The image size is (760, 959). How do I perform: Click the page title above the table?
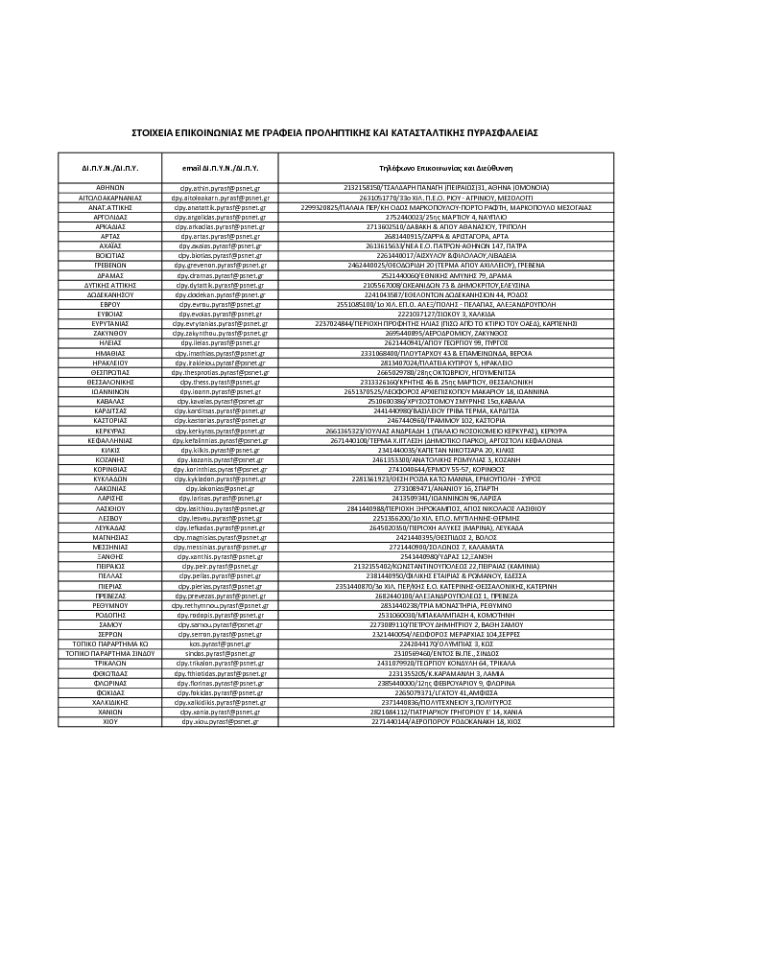pyautogui.click(x=335, y=133)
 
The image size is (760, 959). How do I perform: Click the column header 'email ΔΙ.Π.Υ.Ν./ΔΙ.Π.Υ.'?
pyautogui.click(x=220, y=167)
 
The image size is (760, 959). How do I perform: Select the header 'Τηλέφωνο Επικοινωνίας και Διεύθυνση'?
pyautogui.click(x=446, y=167)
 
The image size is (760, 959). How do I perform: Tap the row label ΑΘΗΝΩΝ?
pyautogui.click(x=109, y=187)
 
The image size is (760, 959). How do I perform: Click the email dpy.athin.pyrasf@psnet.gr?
pyautogui.click(x=220, y=187)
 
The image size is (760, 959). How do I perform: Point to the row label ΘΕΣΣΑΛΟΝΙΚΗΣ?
pyautogui.click(x=109, y=382)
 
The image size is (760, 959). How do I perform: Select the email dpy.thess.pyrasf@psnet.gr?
pyautogui.click(x=220, y=382)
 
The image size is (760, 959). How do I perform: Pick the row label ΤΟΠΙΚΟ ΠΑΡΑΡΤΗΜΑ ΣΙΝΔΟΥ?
pyautogui.click(x=109, y=652)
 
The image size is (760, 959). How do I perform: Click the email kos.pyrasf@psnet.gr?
pyautogui.click(x=220, y=643)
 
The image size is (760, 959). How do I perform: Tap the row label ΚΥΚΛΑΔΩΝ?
pyautogui.click(x=109, y=478)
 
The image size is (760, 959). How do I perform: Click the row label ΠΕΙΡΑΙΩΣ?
pyautogui.click(x=109, y=566)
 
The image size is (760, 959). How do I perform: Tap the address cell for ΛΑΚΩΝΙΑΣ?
pyautogui.click(x=446, y=488)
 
